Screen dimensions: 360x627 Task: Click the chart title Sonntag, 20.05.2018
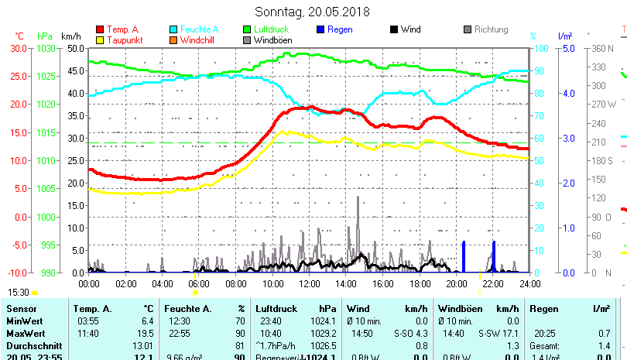point(313,12)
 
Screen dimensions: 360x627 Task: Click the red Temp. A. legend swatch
point(100,29)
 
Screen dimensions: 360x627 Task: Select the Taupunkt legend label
point(124,40)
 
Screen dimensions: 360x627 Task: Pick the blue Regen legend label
point(340,29)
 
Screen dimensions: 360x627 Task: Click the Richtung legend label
point(491,29)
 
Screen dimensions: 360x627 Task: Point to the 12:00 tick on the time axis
point(309,284)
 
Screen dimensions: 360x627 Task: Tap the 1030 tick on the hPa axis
point(46,48)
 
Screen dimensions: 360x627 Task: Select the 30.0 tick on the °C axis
point(18,48)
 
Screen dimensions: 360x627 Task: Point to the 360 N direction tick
point(602,48)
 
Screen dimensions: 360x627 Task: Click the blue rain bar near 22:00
point(493,257)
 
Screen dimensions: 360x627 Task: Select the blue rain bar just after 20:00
point(464,257)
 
